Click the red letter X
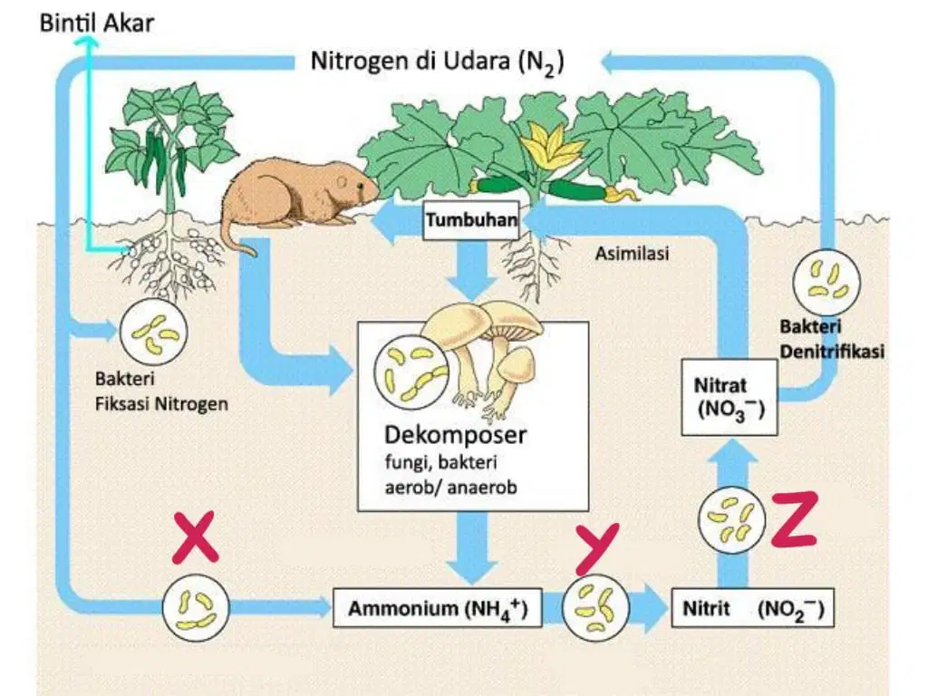pos(196,538)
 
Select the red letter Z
pos(795,520)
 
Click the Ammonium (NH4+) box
pos(438,608)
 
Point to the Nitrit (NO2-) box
pos(753,608)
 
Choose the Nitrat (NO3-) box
pos(730,398)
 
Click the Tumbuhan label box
pos(471,220)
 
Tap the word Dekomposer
pos(455,435)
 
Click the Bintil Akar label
pos(96,23)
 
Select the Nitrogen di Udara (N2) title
pos(438,62)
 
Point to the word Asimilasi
pos(632,254)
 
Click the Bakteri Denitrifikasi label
pos(832,339)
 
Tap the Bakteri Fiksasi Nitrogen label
pos(161,391)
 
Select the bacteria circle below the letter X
pos(196,608)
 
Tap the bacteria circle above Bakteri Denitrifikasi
pos(826,282)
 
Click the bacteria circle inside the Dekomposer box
pos(410,372)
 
